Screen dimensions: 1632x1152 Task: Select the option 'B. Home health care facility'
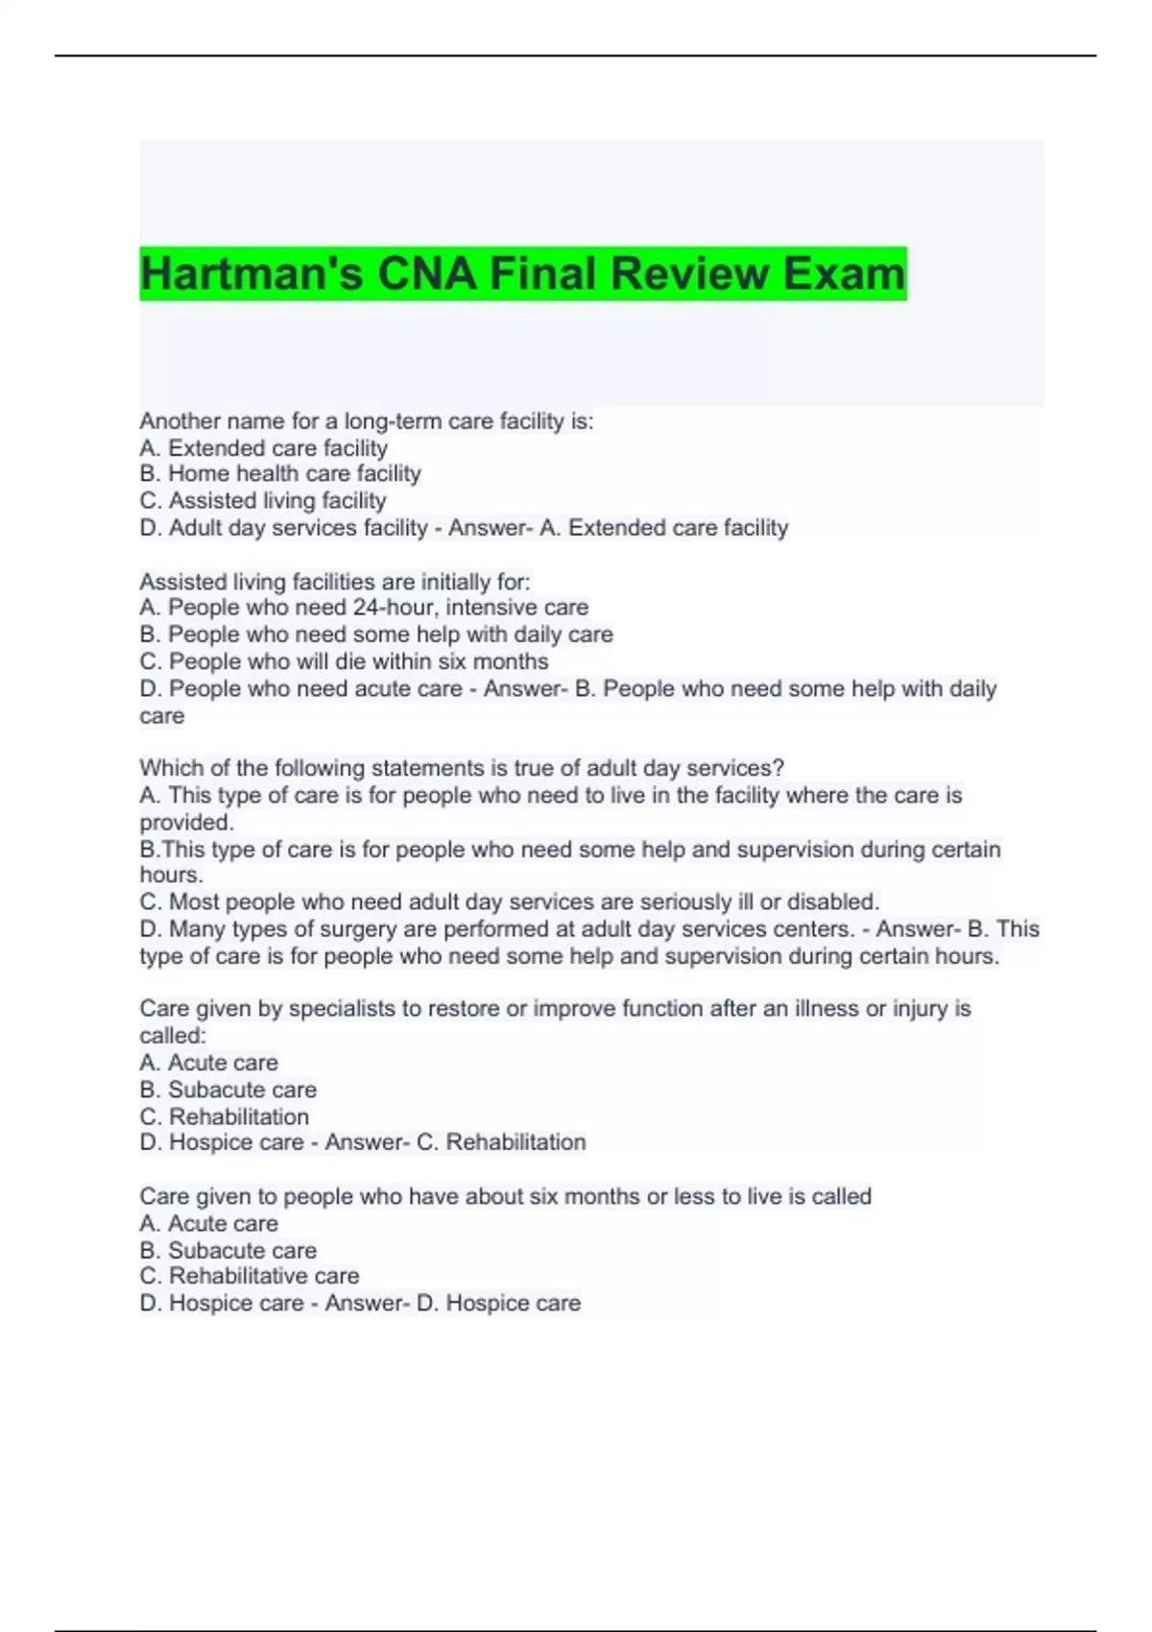pos(280,474)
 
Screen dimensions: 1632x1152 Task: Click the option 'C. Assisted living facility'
pos(263,501)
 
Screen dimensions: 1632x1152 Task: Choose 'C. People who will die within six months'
pos(344,662)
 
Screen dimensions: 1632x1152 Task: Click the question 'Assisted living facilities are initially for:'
pos(334,582)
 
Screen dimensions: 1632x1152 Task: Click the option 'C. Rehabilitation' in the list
pos(225,1117)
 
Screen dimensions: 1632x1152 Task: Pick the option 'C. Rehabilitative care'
pos(250,1277)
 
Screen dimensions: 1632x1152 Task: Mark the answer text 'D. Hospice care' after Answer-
pos(498,1304)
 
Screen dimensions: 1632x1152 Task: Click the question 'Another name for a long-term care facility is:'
pos(367,421)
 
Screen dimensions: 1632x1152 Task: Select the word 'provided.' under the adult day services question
pos(186,823)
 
